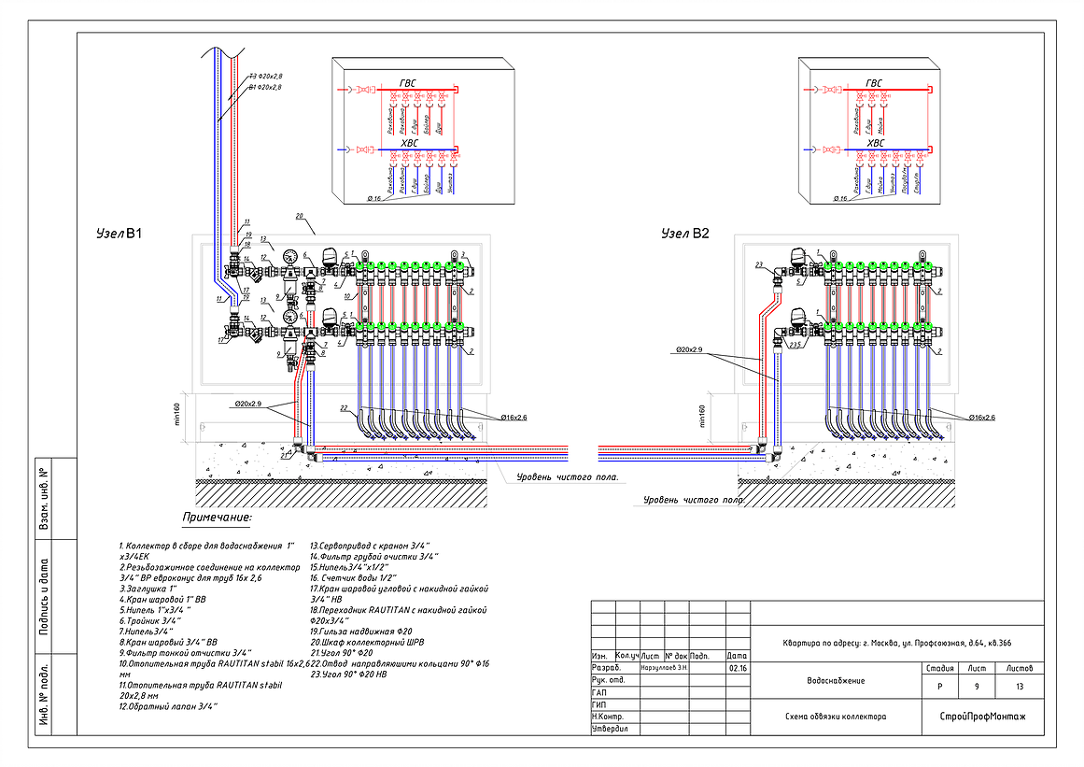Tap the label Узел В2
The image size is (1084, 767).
(685, 233)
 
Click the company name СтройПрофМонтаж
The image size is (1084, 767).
(982, 717)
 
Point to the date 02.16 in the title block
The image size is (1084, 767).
(737, 668)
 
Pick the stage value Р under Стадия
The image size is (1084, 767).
(938, 687)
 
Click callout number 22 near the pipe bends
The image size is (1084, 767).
(344, 409)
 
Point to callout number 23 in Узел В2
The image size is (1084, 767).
(760, 265)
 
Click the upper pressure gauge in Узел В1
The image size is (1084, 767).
(291, 256)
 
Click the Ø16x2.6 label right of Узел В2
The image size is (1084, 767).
(988, 417)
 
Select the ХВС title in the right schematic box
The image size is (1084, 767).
(874, 143)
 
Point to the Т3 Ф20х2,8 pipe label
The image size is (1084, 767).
(265, 76)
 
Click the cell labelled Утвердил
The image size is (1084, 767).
(611, 728)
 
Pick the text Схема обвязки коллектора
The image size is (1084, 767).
(837, 717)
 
